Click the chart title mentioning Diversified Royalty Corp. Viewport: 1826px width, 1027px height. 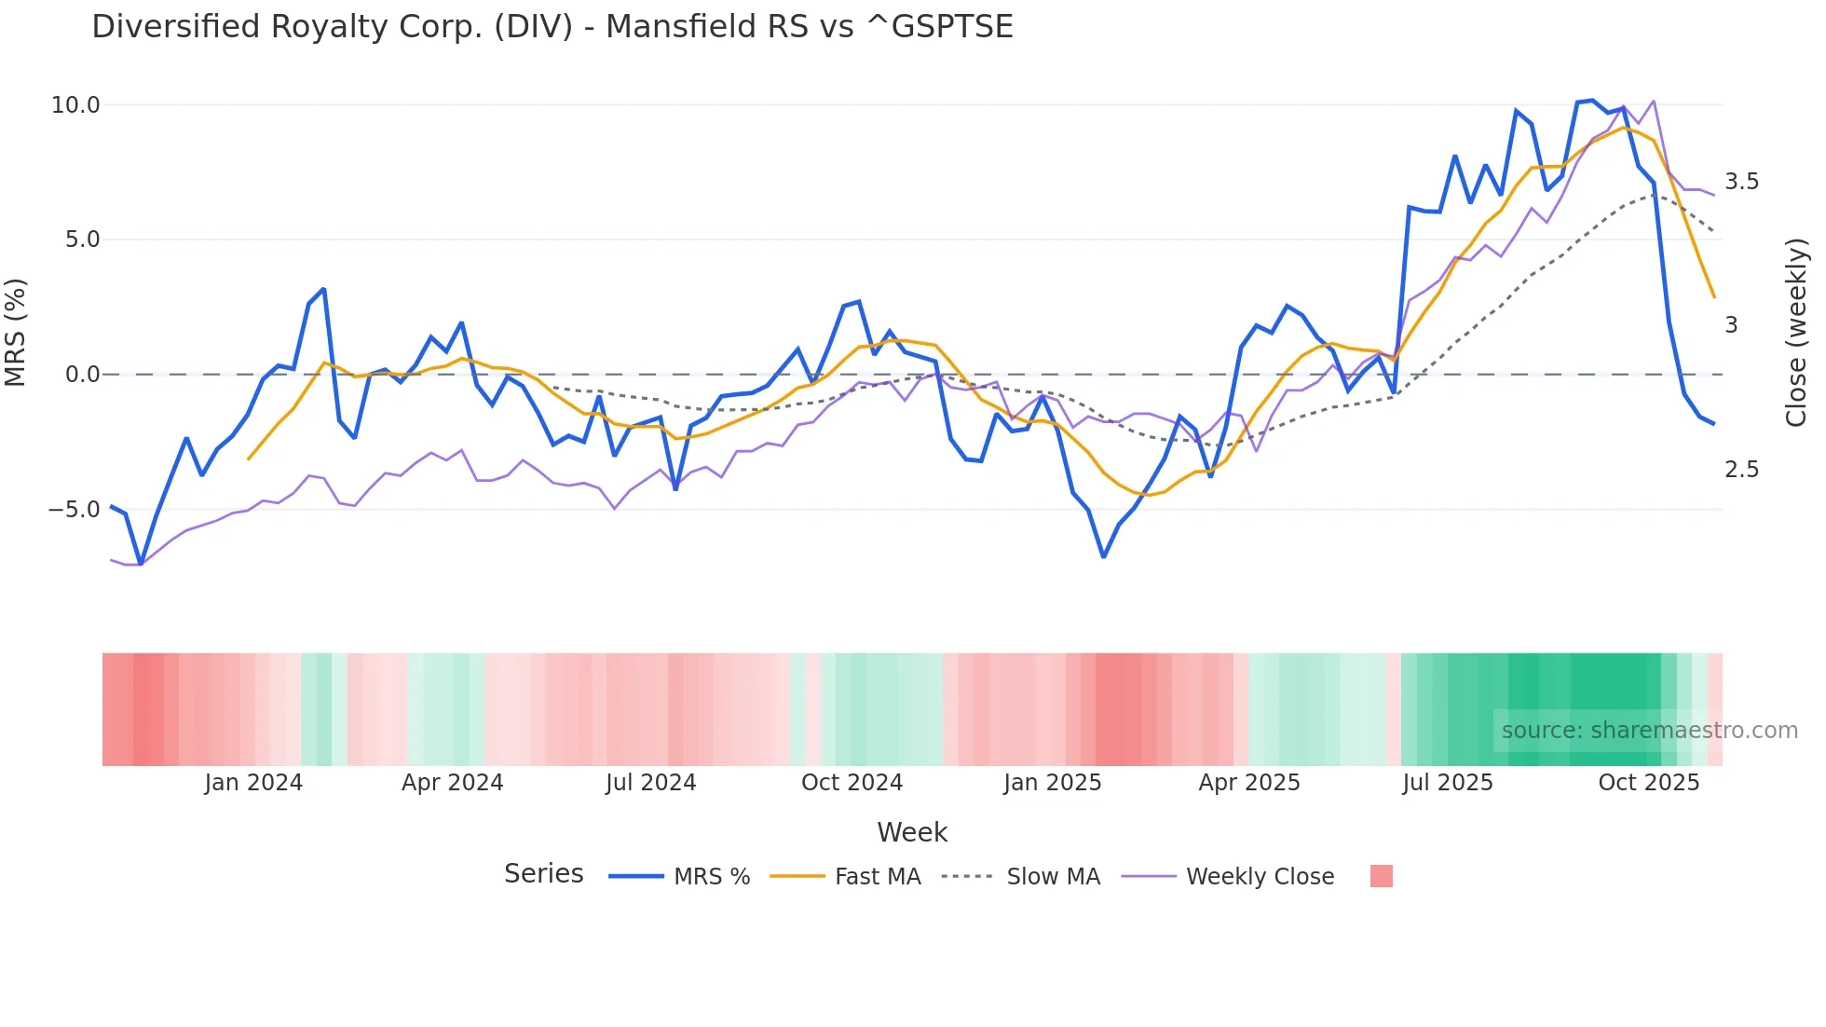point(552,27)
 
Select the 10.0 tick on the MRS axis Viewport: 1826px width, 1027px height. point(75,105)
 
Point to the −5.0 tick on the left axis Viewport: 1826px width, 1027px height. point(74,510)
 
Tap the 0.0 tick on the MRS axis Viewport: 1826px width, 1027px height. point(82,375)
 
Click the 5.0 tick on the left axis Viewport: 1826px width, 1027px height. point(82,240)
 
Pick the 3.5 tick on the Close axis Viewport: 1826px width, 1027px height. point(1741,182)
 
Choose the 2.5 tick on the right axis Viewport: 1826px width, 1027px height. point(1741,470)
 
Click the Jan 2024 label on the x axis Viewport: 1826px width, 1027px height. point(253,783)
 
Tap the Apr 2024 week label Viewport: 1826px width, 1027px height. point(452,783)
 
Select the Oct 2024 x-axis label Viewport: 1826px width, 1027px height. point(852,783)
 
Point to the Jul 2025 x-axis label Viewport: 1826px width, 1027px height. point(1447,783)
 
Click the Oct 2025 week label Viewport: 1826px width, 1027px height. point(1648,783)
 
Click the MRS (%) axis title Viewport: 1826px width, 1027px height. point(16,333)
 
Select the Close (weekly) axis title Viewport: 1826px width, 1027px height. point(1796,333)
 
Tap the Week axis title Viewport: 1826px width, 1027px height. point(912,833)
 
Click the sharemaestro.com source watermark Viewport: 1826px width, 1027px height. point(1649,731)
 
